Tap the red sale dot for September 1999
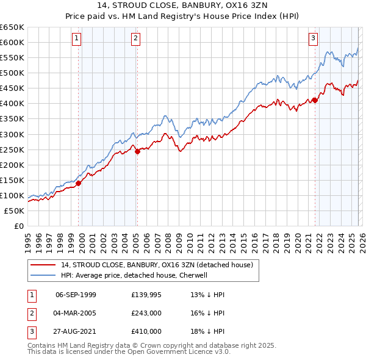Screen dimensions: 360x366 coord(79,183)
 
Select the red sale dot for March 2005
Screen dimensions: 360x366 coord(137,152)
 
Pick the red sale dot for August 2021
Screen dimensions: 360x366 coord(315,100)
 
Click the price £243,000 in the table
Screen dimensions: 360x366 coord(146,312)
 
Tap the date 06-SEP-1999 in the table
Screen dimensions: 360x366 coord(76,294)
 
